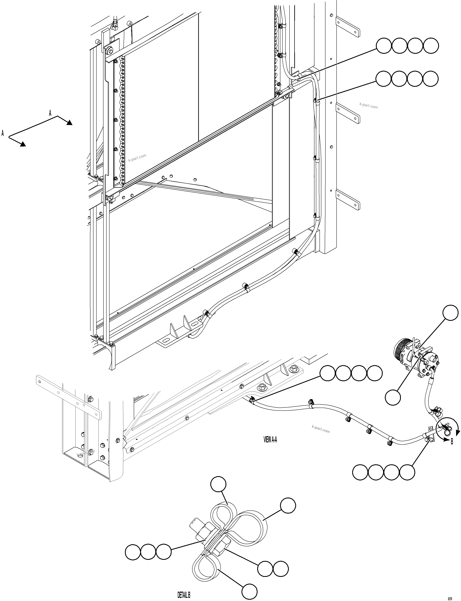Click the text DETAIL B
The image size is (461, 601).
[x=184, y=593]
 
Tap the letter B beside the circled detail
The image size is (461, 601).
[x=452, y=442]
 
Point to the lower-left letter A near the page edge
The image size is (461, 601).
[x=3, y=133]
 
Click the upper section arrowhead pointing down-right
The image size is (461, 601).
[x=69, y=123]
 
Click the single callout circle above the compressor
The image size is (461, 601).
[x=451, y=313]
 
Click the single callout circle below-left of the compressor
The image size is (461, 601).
[x=393, y=397]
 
